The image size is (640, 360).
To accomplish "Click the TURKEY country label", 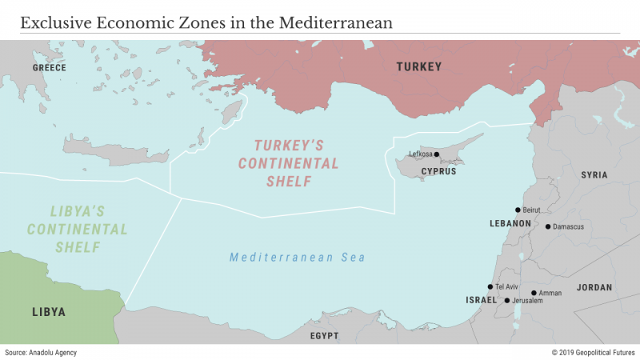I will click(419, 67).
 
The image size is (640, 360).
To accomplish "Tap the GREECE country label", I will click(49, 68).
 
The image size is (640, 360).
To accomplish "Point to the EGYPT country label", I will click(324, 335).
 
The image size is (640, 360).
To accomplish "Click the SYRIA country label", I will click(594, 174).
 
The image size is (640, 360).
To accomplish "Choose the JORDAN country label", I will click(594, 287).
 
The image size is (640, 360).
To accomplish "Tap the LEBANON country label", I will click(510, 223).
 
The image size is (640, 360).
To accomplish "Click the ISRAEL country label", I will click(481, 300).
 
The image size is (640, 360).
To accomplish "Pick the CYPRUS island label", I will click(438, 171).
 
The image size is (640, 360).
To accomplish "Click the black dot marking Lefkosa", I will click(437, 154).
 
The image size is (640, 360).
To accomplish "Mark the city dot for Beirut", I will click(518, 210).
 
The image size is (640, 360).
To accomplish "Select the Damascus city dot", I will click(548, 226).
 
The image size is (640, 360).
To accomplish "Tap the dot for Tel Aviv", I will click(490, 286).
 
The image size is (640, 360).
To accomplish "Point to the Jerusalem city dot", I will click(506, 301).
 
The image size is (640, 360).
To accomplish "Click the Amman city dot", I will click(534, 293).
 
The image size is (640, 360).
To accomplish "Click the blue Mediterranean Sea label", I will click(297, 258).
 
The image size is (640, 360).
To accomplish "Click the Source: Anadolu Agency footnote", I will click(41, 352).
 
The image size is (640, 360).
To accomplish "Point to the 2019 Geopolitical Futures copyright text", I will click(593, 352).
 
